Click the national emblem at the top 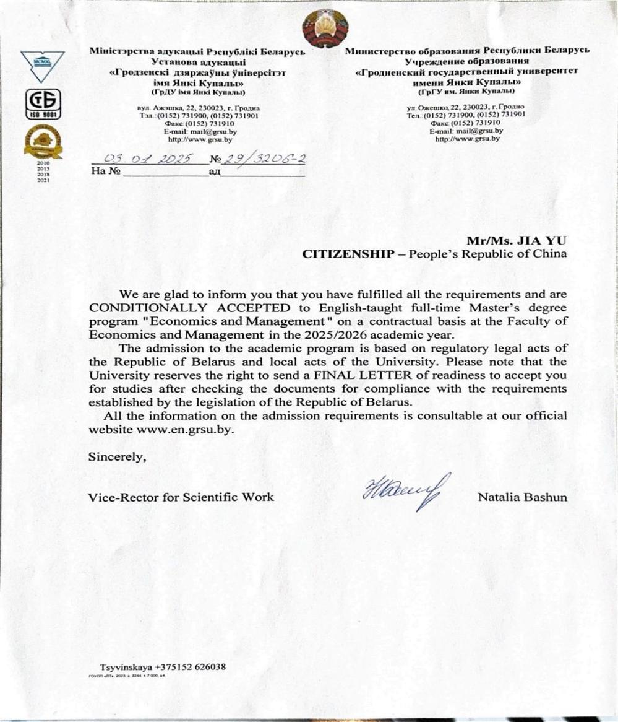click(x=325, y=29)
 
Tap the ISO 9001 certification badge click(x=43, y=103)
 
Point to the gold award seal click(x=43, y=141)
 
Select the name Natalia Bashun click(x=522, y=497)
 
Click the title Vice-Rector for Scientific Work click(x=181, y=497)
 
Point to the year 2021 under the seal click(x=43, y=181)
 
